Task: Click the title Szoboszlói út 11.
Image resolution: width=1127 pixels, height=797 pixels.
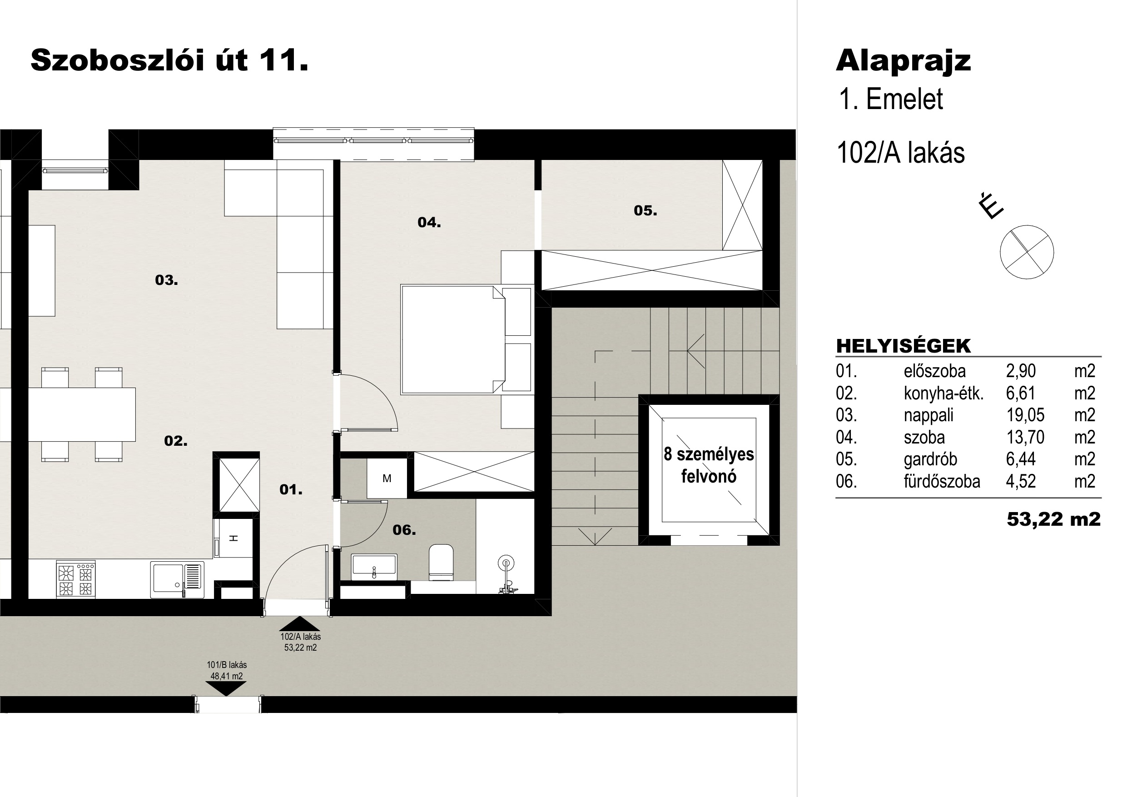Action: (x=169, y=61)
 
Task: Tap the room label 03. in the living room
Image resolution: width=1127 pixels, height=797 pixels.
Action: (x=166, y=280)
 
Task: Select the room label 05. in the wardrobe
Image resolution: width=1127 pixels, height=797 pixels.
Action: (x=645, y=211)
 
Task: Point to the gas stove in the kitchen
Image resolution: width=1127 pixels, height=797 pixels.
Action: (x=76, y=579)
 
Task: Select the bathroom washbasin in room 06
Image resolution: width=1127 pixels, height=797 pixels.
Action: (x=374, y=564)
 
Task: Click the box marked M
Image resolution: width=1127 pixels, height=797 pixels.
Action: (x=387, y=478)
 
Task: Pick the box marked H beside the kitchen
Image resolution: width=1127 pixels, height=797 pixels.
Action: (x=233, y=538)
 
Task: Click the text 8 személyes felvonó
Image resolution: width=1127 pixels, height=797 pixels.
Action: (x=709, y=465)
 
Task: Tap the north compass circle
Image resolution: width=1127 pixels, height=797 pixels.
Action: (x=1027, y=252)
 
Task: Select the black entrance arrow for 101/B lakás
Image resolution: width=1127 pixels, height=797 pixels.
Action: (x=226, y=688)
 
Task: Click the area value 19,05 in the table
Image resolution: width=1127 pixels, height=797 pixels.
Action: (x=1025, y=415)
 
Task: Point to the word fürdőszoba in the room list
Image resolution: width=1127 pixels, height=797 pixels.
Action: (x=942, y=481)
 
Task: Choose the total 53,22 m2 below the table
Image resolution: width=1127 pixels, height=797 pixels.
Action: (x=1054, y=519)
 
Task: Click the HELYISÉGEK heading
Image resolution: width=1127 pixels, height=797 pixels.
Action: (x=903, y=346)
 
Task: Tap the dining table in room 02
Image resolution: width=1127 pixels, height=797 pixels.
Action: (x=81, y=414)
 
